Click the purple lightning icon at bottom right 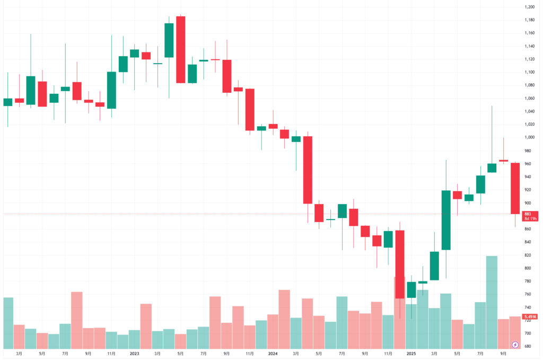515,345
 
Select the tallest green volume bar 492,302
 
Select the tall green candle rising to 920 446,220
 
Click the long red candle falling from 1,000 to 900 308,170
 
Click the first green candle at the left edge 8,102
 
